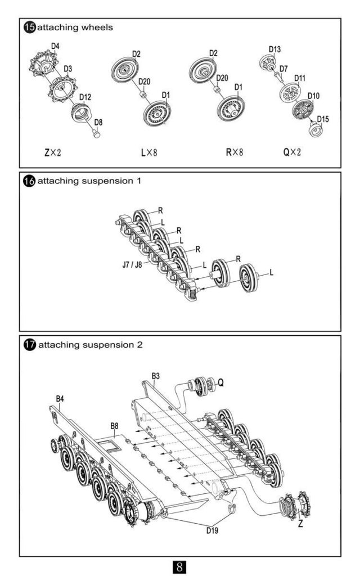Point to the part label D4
pos(55,45)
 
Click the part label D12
pos(85,97)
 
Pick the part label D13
pos(274,49)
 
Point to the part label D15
pos(323,119)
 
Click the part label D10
pos(313,96)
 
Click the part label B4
pos(60,399)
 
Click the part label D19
pos(211,529)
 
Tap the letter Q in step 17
pos(221,382)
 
